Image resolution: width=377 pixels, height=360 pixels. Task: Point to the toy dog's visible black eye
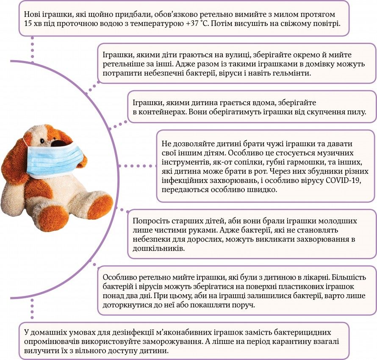tap(43, 141)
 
